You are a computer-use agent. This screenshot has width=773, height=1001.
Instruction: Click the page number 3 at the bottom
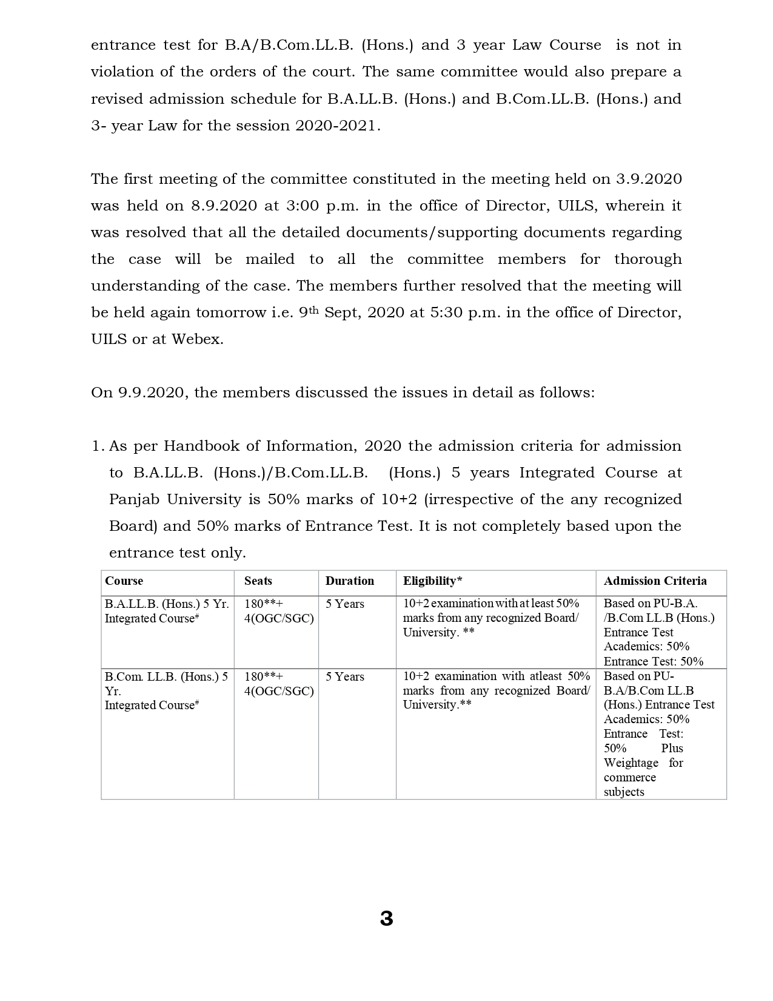click(386, 918)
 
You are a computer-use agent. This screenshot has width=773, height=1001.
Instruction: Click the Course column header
click(124, 581)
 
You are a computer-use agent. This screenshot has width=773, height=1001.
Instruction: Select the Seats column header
click(258, 581)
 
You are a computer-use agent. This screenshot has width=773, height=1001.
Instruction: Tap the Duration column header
click(350, 581)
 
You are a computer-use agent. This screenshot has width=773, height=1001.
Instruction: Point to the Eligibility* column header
click(433, 581)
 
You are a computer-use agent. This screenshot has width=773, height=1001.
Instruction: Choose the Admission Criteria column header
click(655, 581)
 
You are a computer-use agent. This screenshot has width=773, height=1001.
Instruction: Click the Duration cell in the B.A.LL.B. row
click(345, 604)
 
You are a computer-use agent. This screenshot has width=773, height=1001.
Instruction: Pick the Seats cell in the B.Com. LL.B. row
click(279, 684)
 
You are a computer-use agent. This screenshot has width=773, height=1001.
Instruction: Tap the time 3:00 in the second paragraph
click(299, 206)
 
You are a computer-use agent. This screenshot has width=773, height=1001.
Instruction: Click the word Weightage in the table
click(631, 763)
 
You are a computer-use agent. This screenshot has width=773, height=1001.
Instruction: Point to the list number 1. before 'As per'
click(98, 446)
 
